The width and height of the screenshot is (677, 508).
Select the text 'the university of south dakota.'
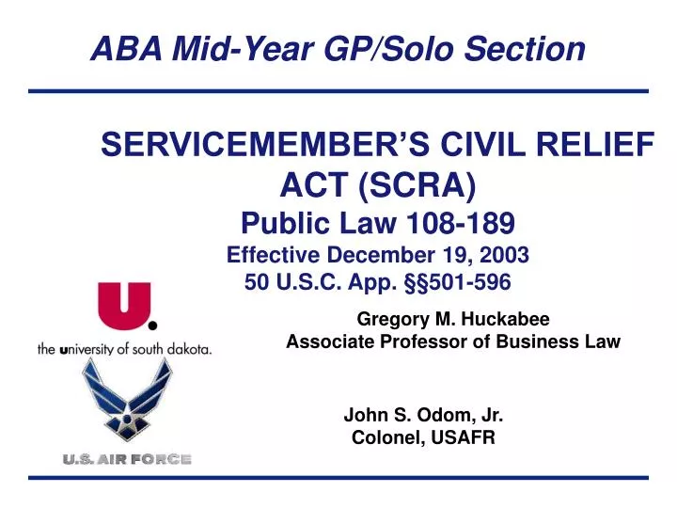124,348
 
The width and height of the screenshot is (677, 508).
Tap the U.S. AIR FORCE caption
128,459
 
